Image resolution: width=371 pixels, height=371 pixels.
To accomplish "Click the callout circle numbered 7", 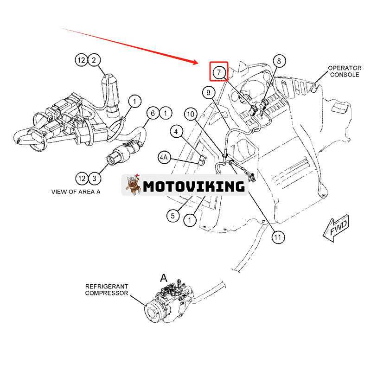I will [x=218, y=72].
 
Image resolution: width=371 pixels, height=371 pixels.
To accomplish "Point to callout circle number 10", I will [x=190, y=113].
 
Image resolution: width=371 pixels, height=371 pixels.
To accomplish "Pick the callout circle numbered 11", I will [x=277, y=237].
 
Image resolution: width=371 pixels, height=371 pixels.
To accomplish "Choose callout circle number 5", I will [x=173, y=215].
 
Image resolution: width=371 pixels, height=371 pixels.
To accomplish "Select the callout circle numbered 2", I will [x=94, y=60].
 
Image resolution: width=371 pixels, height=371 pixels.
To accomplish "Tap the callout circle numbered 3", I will [x=94, y=178].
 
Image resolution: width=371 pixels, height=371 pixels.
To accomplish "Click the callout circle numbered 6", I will [x=153, y=113].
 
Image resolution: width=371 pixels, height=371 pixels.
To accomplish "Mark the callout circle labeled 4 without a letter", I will [x=176, y=132].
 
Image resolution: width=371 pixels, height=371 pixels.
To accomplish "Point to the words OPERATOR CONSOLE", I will [x=344, y=71].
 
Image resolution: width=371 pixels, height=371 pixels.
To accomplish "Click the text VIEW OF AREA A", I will [x=77, y=191].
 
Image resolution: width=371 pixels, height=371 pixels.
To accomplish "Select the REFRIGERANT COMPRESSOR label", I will [x=106, y=290].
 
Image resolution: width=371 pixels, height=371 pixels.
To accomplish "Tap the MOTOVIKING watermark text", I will [x=193, y=186].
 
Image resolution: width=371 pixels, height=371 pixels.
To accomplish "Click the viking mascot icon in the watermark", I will [x=133, y=185].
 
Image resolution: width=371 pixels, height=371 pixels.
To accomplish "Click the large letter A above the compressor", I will [x=163, y=278].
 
